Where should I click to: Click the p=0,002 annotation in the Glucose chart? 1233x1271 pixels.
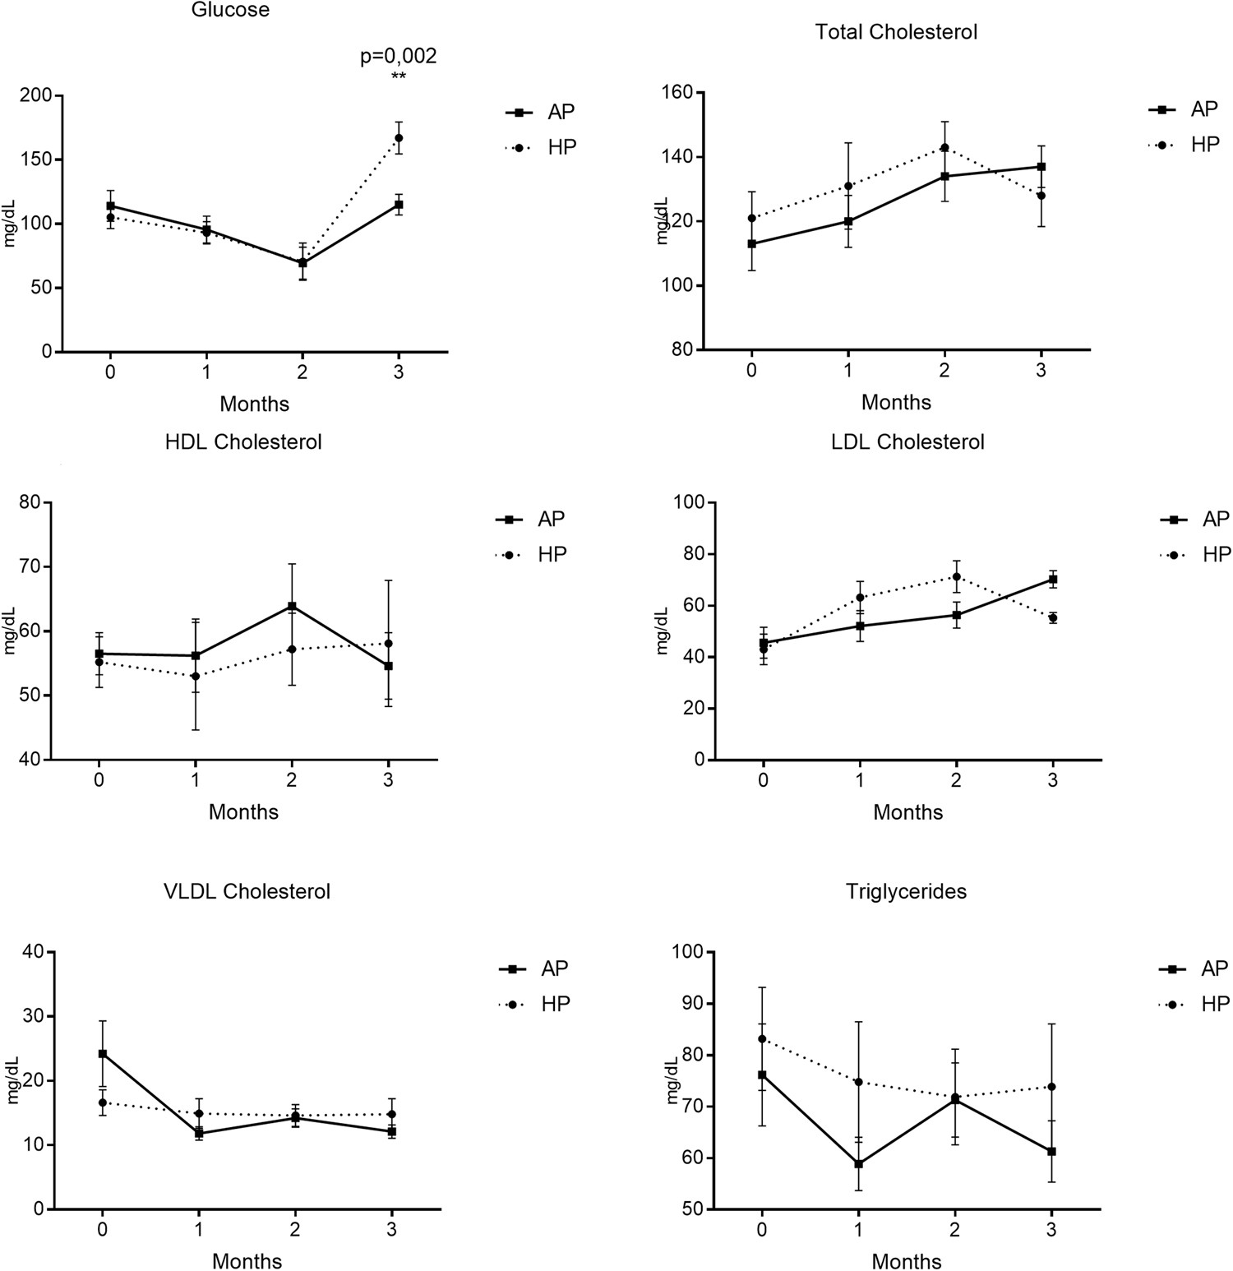(x=399, y=56)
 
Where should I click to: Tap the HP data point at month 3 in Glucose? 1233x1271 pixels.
(x=399, y=138)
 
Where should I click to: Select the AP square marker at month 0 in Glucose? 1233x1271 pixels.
(x=110, y=206)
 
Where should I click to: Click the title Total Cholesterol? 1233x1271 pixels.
(x=896, y=32)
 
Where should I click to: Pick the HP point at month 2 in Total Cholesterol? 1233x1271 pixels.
(x=944, y=148)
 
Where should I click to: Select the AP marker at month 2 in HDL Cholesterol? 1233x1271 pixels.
(x=292, y=606)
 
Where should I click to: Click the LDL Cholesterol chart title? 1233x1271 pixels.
(x=907, y=441)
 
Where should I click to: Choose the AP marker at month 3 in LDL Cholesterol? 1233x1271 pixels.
(x=1053, y=579)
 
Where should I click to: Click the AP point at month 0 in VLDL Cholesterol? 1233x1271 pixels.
(x=103, y=1053)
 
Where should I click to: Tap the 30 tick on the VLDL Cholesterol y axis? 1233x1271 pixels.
(x=34, y=1016)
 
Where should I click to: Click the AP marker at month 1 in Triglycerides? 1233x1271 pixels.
(x=859, y=1164)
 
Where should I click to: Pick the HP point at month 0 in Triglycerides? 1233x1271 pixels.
(x=762, y=1038)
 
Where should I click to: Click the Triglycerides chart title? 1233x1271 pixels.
(x=906, y=891)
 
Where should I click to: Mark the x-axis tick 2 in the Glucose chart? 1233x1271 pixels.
(x=302, y=372)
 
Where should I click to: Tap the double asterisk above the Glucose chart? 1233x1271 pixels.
(x=399, y=76)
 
